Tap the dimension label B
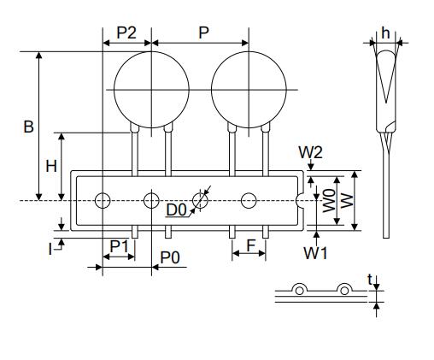pyautogui.click(x=28, y=127)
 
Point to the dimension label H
pyautogui.click(x=51, y=166)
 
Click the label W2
pyautogui.click(x=310, y=151)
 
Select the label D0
pyautogui.click(x=177, y=210)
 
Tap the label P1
pyautogui.click(x=120, y=246)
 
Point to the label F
pyautogui.click(x=251, y=246)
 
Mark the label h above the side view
pyautogui.click(x=385, y=32)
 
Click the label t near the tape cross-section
pyautogui.click(x=369, y=279)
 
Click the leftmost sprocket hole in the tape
pyautogui.click(x=103, y=201)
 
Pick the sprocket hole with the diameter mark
pyautogui.click(x=201, y=201)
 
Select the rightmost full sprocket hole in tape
pyautogui.click(x=249, y=201)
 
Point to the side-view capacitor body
pyautogui.click(x=385, y=90)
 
